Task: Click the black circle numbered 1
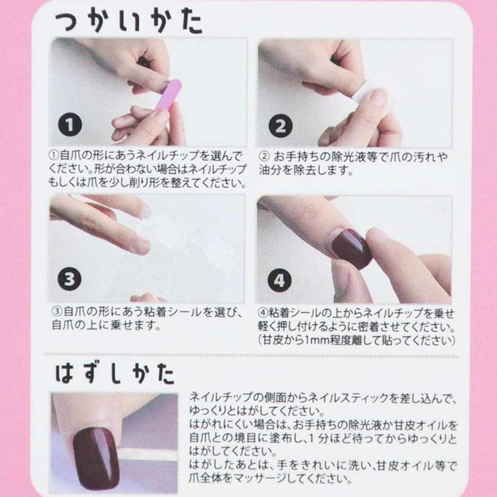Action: point(70,124)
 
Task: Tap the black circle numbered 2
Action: point(280,126)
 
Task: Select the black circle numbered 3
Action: point(69,279)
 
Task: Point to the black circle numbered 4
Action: point(279,280)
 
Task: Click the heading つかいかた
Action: point(128,21)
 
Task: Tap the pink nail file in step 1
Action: point(167,95)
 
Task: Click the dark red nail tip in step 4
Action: point(351,249)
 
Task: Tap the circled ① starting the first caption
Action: point(54,156)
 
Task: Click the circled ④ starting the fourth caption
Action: point(263,313)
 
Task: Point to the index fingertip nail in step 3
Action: point(141,246)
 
